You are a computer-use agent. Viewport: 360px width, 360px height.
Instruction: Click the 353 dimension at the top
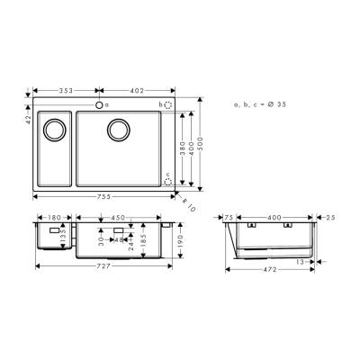coord(65,91)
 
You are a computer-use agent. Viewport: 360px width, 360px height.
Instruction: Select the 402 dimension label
coord(136,91)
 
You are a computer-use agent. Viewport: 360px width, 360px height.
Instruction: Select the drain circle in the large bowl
coord(117,130)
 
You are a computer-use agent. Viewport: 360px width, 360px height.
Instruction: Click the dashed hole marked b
coord(167,105)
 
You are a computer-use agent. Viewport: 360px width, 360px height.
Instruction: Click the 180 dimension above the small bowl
coord(53,217)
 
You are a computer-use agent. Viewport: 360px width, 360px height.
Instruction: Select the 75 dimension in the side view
coord(229,217)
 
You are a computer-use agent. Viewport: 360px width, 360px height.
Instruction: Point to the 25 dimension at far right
coord(331,217)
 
